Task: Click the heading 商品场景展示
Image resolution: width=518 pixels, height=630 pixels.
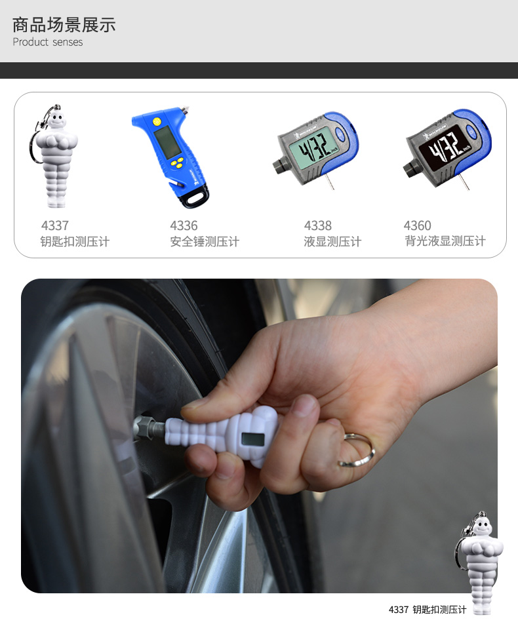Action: point(64,25)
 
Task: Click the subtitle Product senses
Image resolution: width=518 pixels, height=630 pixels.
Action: point(48,42)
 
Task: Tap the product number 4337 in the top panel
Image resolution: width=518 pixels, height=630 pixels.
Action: point(54,226)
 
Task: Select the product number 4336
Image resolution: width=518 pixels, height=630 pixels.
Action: point(184,226)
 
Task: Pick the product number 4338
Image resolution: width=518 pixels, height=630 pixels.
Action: point(318,226)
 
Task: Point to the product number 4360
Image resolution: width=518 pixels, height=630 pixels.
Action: point(418,226)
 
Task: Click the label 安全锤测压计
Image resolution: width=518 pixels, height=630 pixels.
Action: point(205,241)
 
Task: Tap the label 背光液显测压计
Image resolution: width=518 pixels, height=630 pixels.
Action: point(445,241)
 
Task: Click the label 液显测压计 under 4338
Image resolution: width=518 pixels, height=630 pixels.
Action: point(332,241)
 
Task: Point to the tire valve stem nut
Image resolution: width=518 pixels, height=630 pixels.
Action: point(144,427)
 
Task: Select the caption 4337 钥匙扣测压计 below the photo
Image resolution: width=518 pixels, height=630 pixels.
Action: point(428,610)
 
